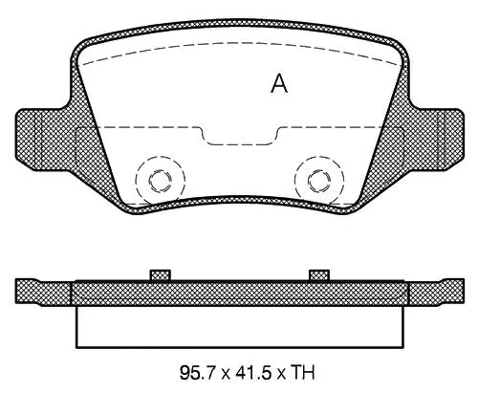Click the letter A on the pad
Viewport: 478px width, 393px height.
coord(279,83)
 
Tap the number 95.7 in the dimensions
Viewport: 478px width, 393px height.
coord(198,373)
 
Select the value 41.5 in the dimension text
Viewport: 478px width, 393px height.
coord(252,373)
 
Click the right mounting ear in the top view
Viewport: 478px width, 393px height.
coord(450,139)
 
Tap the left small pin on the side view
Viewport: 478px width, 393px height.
coord(161,275)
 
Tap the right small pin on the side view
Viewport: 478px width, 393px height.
coord(319,275)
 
